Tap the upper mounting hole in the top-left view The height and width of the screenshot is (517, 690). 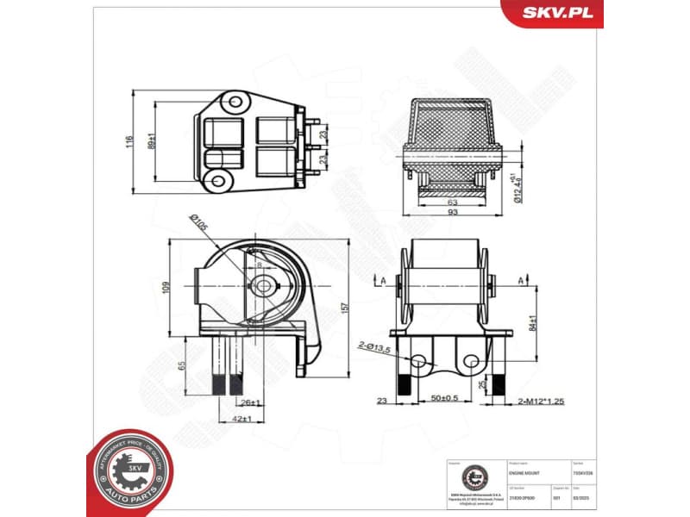coord(233,101)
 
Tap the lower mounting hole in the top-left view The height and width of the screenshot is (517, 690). coord(219,180)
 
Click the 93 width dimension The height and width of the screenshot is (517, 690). coord(451,213)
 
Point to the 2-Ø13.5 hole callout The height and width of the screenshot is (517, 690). coord(374,346)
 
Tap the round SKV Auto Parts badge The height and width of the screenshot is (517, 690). coord(129,470)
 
